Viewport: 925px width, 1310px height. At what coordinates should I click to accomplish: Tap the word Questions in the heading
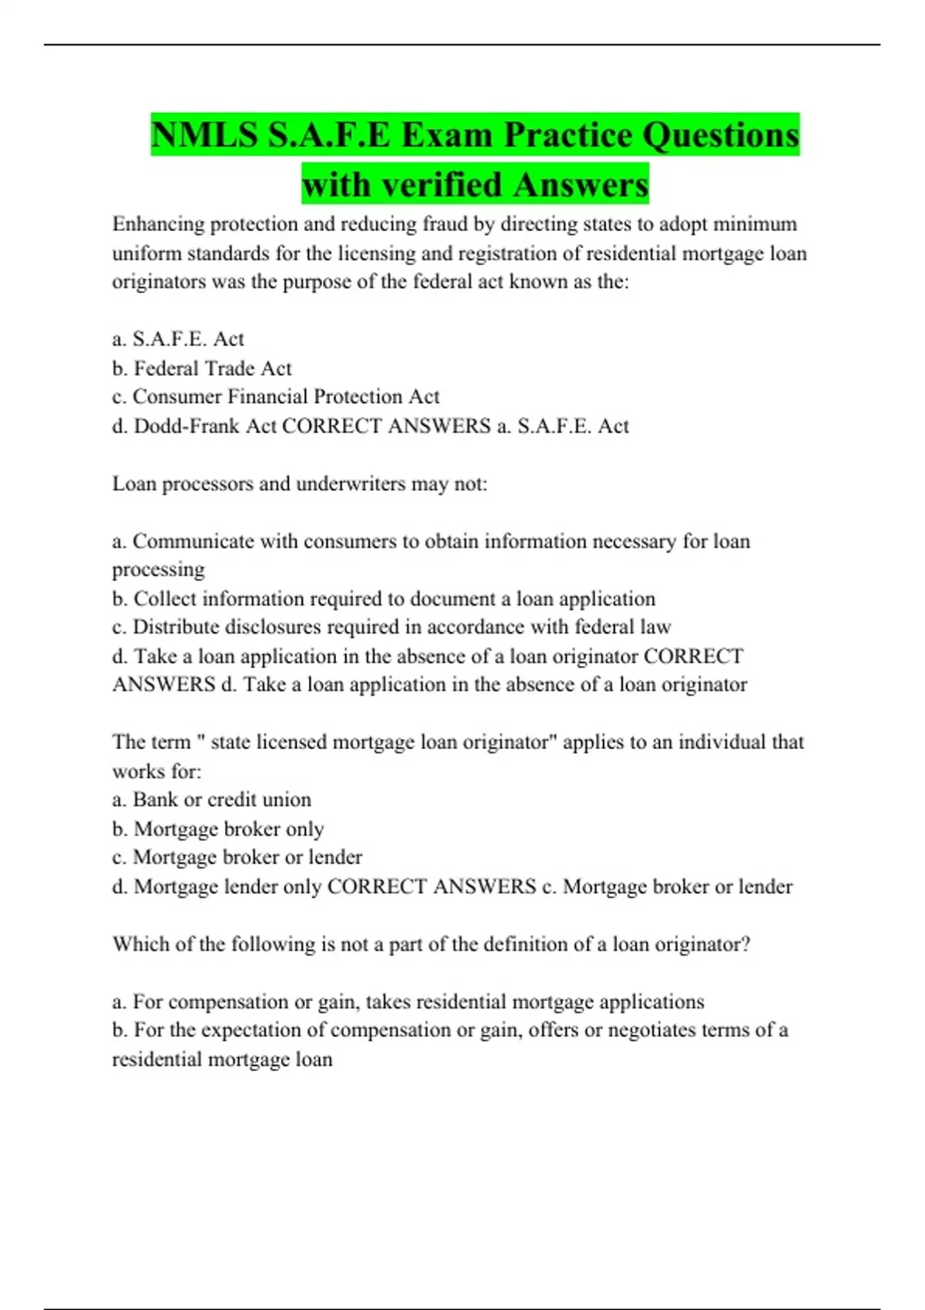pos(720,136)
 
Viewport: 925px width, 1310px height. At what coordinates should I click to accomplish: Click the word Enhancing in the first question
pos(158,224)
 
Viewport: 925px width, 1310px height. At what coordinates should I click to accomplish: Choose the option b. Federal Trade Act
pos(202,368)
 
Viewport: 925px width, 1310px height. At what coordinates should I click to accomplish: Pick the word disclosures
pos(263,627)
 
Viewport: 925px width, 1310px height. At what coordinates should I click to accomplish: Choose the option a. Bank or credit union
pos(212,800)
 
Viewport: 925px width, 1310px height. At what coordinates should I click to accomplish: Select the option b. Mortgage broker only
pos(218,829)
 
